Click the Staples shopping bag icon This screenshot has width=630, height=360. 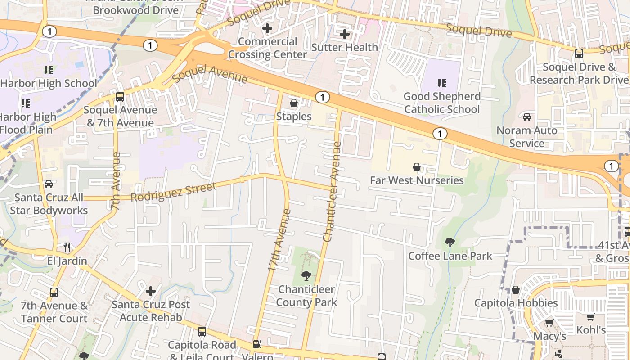click(x=294, y=103)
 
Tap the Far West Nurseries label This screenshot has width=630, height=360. click(x=417, y=180)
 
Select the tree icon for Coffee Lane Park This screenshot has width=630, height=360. click(x=450, y=243)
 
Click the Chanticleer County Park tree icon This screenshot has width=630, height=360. click(x=306, y=275)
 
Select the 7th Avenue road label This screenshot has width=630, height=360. click(x=116, y=181)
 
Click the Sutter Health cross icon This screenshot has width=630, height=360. click(x=345, y=34)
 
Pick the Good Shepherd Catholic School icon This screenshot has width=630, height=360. click(x=442, y=83)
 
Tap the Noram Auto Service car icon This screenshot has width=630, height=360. click(x=526, y=117)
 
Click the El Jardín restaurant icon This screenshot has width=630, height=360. click(x=67, y=247)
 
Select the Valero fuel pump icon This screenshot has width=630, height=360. click(x=257, y=344)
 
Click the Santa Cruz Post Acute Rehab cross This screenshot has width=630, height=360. click(x=151, y=291)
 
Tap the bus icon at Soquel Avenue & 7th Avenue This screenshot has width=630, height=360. click(x=120, y=96)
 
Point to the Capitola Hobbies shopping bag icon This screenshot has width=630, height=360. click(x=516, y=290)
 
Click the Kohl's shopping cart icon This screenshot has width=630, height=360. click(x=591, y=317)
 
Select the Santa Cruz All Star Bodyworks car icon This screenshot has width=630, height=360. click(x=49, y=184)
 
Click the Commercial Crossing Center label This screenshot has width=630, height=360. click(x=268, y=48)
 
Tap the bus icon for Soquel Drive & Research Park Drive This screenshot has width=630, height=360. click(x=579, y=54)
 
